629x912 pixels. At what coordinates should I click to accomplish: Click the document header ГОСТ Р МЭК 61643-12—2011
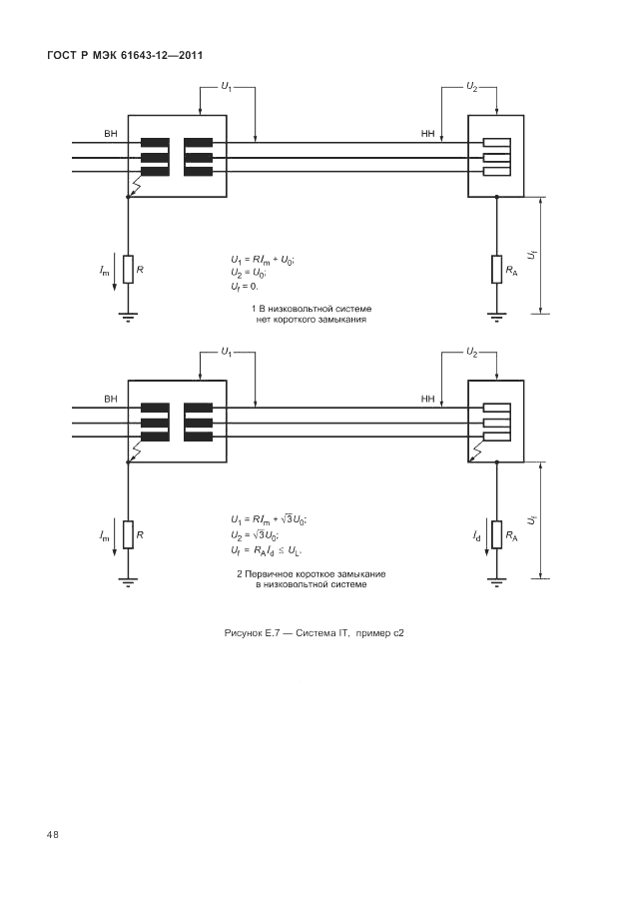(x=126, y=54)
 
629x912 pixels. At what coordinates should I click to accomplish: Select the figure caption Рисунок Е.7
(x=314, y=633)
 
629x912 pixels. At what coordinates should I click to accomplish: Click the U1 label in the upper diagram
(x=226, y=88)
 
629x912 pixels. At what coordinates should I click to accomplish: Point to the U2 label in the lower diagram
(x=471, y=353)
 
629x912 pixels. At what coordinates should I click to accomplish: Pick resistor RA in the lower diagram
(x=496, y=535)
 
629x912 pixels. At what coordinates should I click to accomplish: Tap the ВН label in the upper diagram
(x=110, y=133)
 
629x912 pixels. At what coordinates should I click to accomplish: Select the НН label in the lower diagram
(x=428, y=399)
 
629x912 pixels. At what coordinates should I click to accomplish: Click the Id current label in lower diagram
(x=476, y=536)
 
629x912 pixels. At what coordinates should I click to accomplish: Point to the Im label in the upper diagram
(x=105, y=271)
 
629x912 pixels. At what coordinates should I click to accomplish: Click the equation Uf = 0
(x=245, y=287)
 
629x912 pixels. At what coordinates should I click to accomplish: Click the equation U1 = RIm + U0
(x=263, y=260)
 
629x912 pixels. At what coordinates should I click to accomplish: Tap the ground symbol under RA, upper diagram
(x=496, y=317)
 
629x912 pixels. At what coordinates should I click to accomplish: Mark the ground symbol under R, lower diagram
(x=128, y=581)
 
